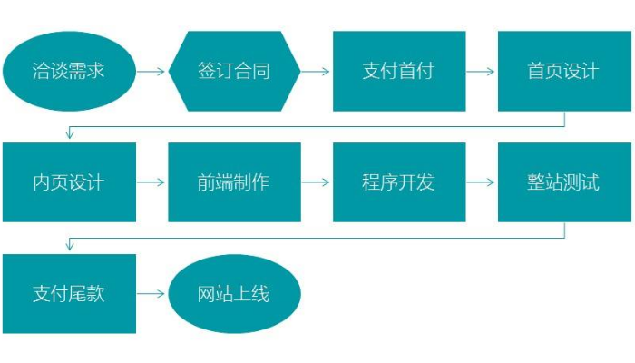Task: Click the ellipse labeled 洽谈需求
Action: pyautogui.click(x=69, y=71)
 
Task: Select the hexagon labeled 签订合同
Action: pyautogui.click(x=234, y=71)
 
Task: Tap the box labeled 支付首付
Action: pyautogui.click(x=399, y=71)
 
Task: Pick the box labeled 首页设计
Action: pyautogui.click(x=563, y=71)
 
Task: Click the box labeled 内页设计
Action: pyautogui.click(x=69, y=181)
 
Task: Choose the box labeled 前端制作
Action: pyautogui.click(x=234, y=181)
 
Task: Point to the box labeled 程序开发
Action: pyautogui.click(x=399, y=181)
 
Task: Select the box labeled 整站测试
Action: pyautogui.click(x=563, y=181)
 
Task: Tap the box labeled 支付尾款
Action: pyautogui.click(x=69, y=293)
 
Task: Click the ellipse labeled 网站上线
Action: pyautogui.click(x=234, y=294)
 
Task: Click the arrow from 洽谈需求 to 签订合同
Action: pyautogui.click(x=152, y=71)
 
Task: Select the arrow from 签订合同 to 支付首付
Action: pyautogui.click(x=317, y=71)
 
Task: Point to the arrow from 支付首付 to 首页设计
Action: pyautogui.click(x=482, y=71)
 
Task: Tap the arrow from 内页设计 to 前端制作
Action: pyautogui.click(x=152, y=181)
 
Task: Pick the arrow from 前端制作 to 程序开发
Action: pyautogui.click(x=317, y=181)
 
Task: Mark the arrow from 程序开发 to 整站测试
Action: pyautogui.click(x=482, y=181)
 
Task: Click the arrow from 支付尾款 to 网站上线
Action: pyautogui.click(x=152, y=294)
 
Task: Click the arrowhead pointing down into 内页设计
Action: pyautogui.click(x=69, y=135)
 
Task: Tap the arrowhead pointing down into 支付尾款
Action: pyautogui.click(x=69, y=247)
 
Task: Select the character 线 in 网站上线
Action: pyautogui.click(x=261, y=294)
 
